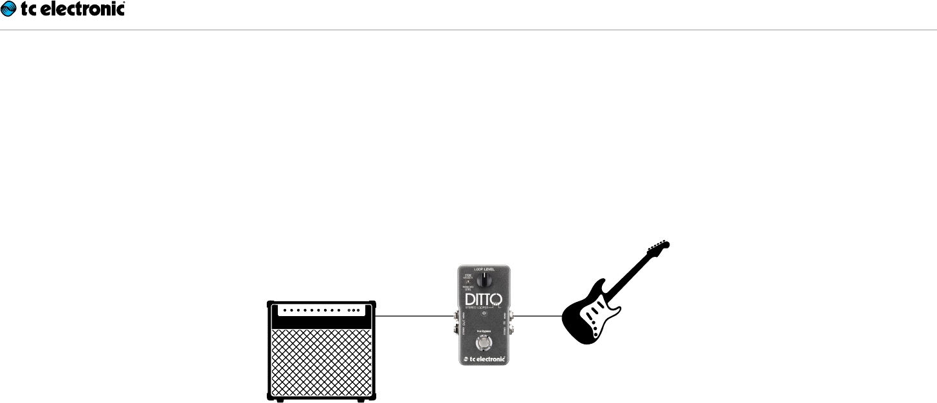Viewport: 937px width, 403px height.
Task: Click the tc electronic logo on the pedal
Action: tap(484, 359)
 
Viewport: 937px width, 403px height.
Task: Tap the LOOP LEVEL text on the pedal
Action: tap(484, 268)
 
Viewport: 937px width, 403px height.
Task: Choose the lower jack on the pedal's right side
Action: tap(511, 330)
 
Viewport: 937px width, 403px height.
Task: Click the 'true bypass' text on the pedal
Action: tap(484, 332)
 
